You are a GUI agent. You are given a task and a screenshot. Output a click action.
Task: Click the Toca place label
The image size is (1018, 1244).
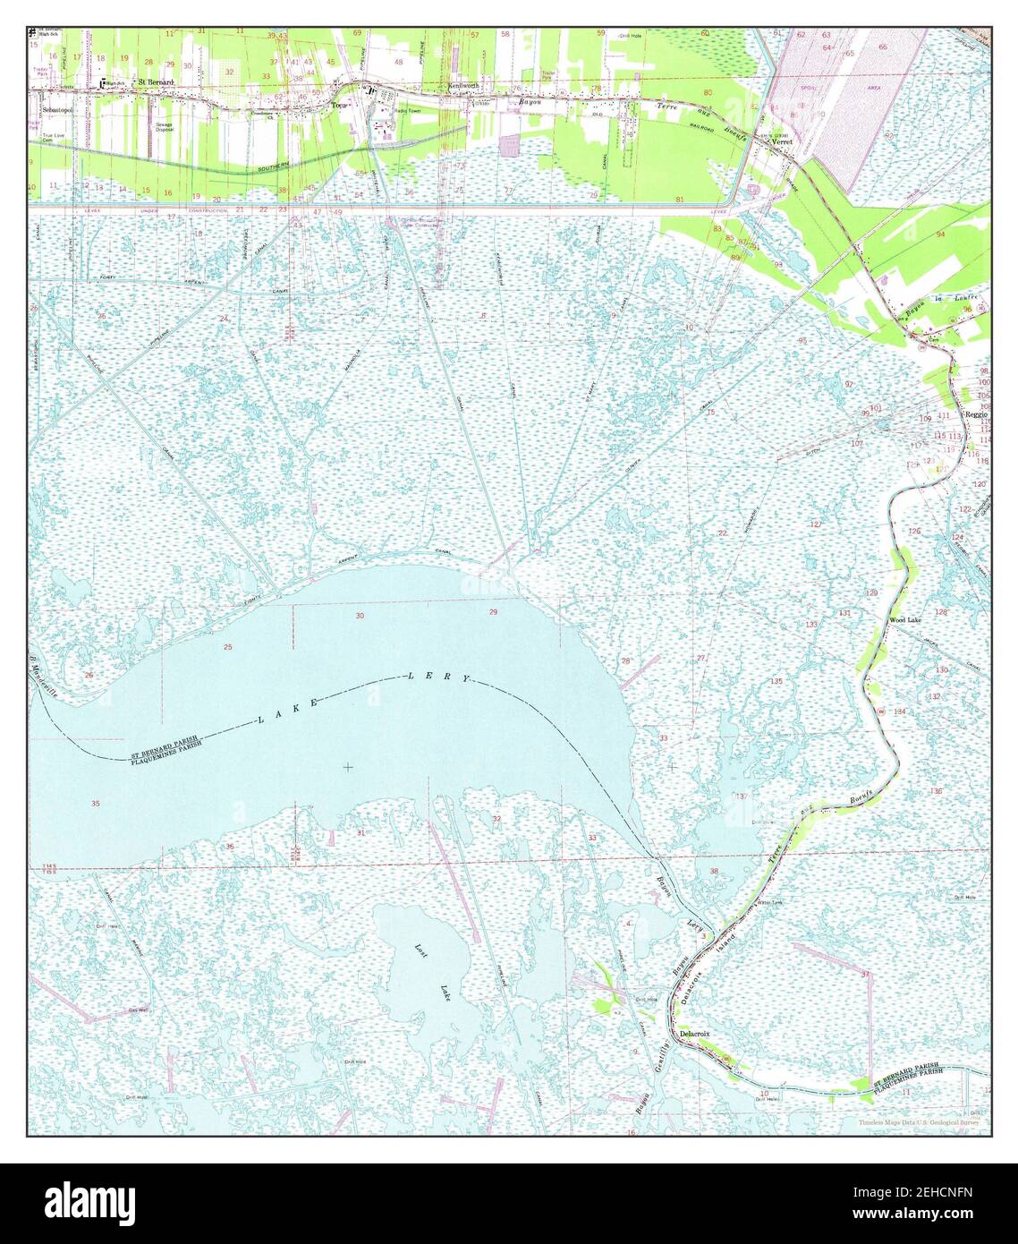337,105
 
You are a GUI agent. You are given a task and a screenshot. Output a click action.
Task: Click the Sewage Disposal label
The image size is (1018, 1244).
164,126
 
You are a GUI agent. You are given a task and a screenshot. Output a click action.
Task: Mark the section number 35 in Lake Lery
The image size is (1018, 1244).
96,804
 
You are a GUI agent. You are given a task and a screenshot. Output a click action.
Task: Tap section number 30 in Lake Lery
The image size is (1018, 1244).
360,616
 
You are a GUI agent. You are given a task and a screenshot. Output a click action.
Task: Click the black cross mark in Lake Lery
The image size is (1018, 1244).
347,767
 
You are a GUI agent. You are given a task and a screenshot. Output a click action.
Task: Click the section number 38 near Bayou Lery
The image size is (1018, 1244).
713,871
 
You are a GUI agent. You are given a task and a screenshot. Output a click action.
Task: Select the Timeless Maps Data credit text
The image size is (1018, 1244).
918,1122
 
